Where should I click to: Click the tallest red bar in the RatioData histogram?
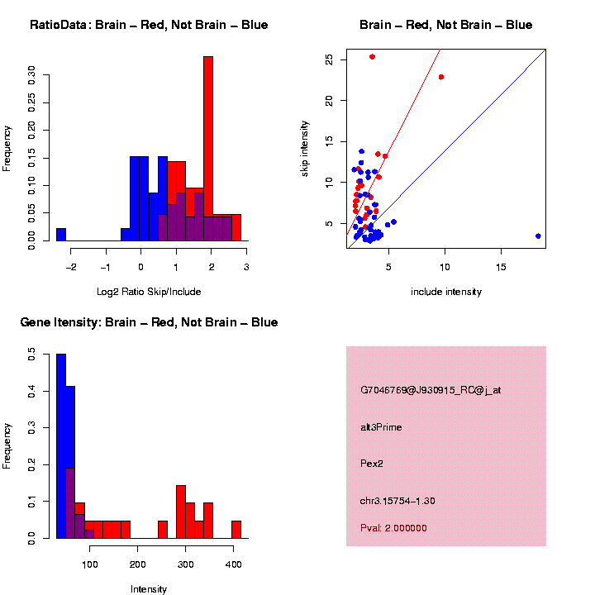click(x=208, y=149)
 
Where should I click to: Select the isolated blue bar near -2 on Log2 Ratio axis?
click(x=61, y=235)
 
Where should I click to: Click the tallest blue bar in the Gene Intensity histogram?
click(x=61, y=446)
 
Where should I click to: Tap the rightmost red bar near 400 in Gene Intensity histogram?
click(x=236, y=530)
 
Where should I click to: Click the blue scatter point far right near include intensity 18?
click(x=538, y=236)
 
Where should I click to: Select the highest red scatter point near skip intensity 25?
click(x=373, y=57)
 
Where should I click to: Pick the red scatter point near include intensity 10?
click(x=441, y=77)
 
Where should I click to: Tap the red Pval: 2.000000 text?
click(x=393, y=528)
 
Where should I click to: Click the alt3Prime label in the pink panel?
click(x=381, y=427)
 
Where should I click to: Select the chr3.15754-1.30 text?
click(x=397, y=501)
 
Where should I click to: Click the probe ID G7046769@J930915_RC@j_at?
click(x=431, y=390)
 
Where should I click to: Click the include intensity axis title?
click(x=446, y=292)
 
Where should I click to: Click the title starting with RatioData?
click(x=149, y=26)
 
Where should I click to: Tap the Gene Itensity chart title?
click(x=149, y=322)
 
